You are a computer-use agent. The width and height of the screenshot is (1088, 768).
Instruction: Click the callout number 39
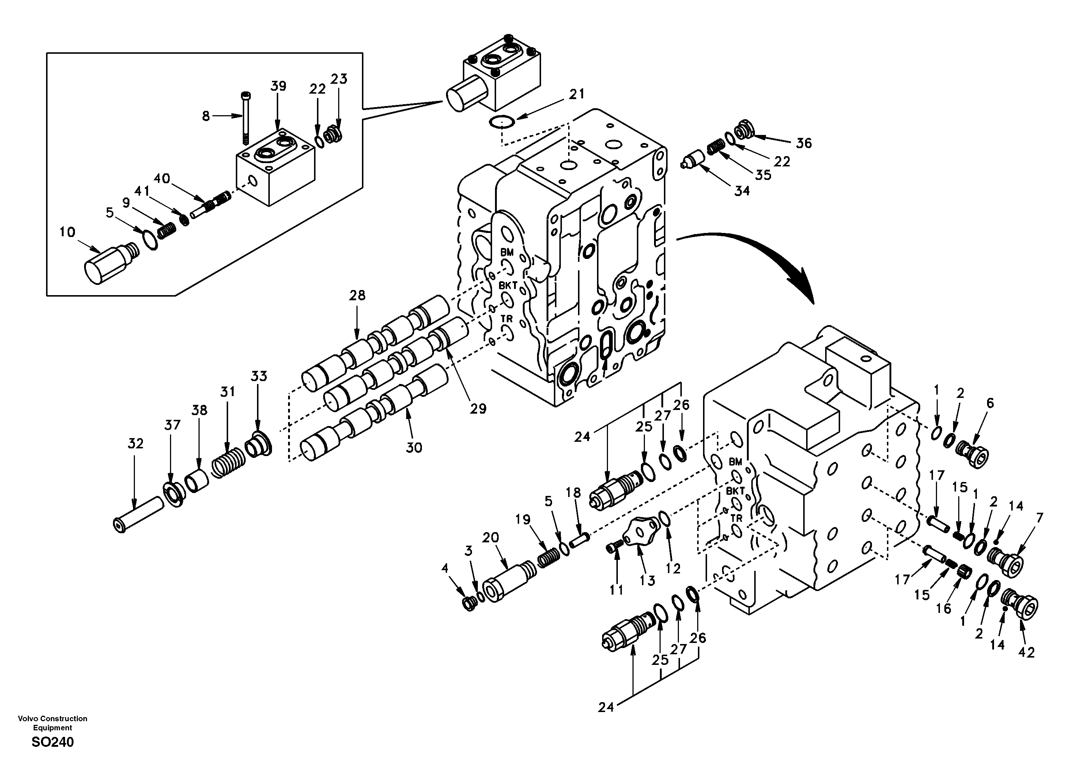coord(278,86)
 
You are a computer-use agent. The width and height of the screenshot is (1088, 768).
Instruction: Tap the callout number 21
coord(576,94)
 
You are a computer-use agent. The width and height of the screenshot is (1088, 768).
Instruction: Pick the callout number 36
coord(804,143)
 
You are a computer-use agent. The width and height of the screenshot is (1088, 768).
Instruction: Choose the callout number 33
coord(259,376)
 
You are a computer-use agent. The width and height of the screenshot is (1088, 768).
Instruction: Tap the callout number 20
coord(491,538)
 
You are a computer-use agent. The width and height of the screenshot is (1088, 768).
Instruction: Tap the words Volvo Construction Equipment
coord(53,723)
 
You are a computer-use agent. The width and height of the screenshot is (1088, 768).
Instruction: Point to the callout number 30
coord(414,448)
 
